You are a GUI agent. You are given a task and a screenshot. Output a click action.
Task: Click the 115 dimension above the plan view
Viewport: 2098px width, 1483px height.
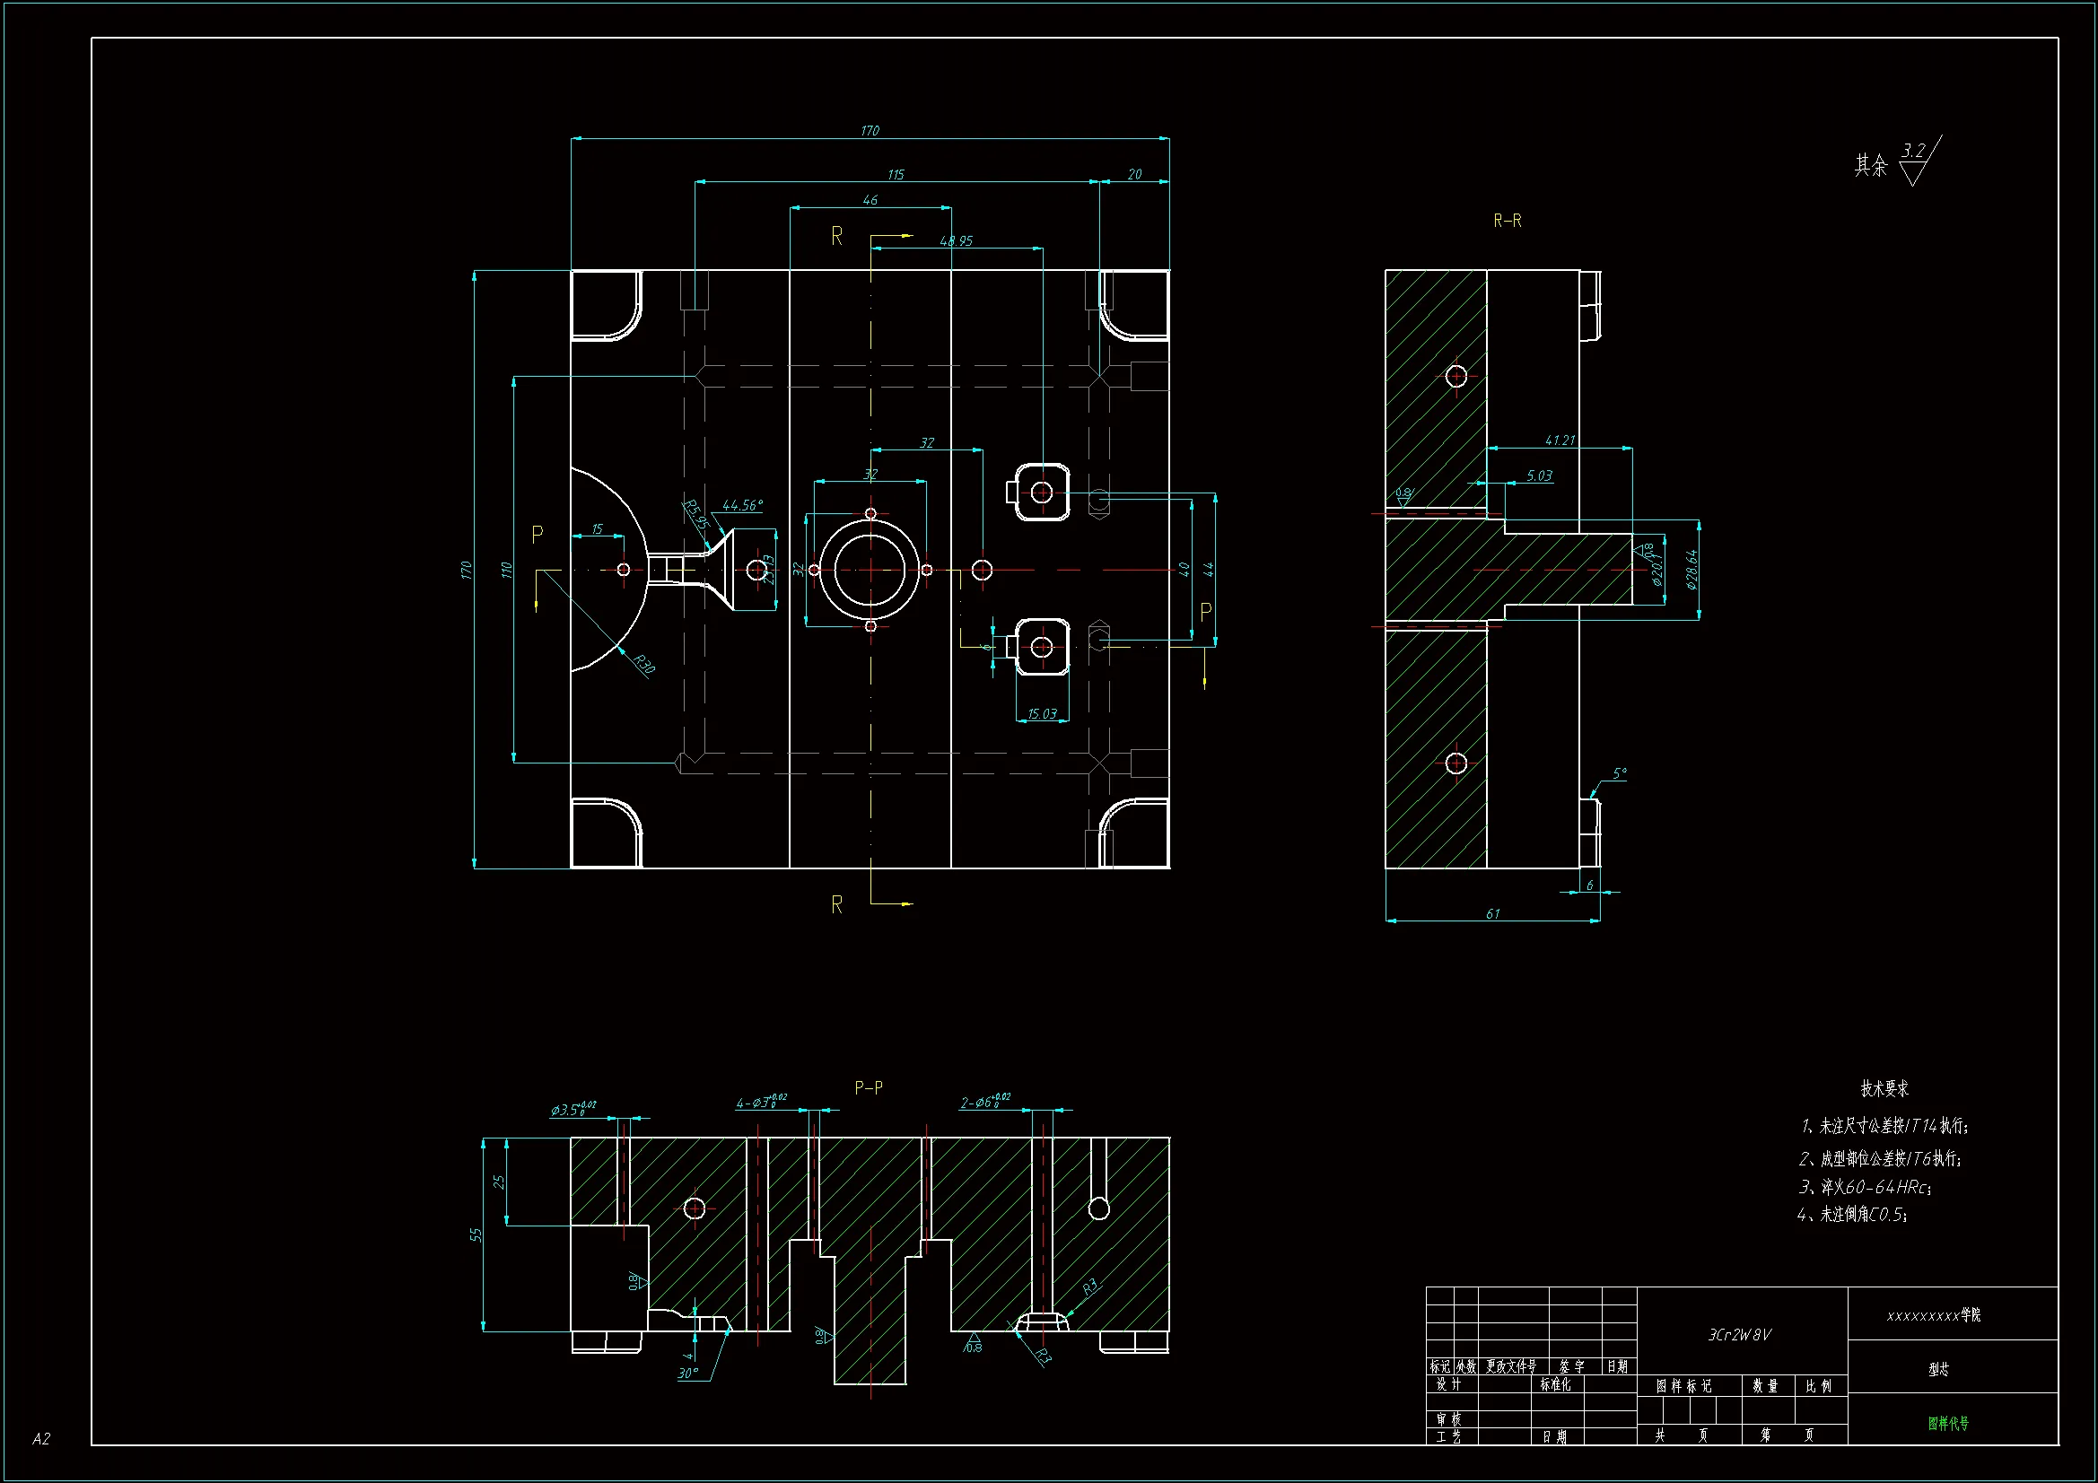click(x=896, y=175)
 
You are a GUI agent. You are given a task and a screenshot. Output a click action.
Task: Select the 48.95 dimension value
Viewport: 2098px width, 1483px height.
click(x=956, y=241)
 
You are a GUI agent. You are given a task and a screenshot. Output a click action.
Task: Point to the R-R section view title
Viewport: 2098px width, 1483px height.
click(x=1507, y=221)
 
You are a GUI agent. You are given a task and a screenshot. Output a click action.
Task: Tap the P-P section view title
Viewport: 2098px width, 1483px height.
click(x=868, y=1087)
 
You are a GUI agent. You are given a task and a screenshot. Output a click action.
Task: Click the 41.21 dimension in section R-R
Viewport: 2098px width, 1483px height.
click(x=1560, y=441)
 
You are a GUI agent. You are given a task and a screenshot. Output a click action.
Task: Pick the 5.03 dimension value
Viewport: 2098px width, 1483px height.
click(x=1539, y=476)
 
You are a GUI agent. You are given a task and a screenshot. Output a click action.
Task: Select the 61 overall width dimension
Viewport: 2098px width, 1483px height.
click(x=1492, y=913)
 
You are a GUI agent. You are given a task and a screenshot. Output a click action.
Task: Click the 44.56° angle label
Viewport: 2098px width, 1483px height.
click(x=742, y=505)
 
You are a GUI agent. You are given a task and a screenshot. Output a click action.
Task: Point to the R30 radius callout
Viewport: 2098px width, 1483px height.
click(x=644, y=664)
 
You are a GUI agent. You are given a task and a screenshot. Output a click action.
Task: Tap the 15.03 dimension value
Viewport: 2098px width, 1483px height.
click(x=1042, y=713)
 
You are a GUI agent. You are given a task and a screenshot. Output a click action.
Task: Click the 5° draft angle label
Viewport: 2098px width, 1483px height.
click(x=1619, y=774)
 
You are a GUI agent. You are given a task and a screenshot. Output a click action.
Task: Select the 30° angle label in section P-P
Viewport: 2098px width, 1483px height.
click(x=687, y=1374)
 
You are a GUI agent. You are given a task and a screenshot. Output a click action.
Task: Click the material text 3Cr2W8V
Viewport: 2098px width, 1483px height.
click(x=1740, y=1335)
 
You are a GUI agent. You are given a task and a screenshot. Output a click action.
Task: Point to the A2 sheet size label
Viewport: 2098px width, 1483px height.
click(x=41, y=1439)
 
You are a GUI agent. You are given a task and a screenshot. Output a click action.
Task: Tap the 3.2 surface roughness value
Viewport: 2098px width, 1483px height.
click(x=1913, y=151)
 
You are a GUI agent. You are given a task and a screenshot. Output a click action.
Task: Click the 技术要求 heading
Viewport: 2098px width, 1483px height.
click(x=1884, y=1088)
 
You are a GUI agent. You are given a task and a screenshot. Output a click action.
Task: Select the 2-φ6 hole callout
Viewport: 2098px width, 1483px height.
click(x=985, y=1102)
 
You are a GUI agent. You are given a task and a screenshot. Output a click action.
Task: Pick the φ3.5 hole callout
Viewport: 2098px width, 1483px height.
click(x=573, y=1109)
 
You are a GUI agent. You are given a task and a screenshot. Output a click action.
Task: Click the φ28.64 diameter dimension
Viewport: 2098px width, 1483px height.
click(x=1692, y=570)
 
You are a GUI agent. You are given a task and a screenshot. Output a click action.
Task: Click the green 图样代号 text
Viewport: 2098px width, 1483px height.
click(x=1948, y=1423)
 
